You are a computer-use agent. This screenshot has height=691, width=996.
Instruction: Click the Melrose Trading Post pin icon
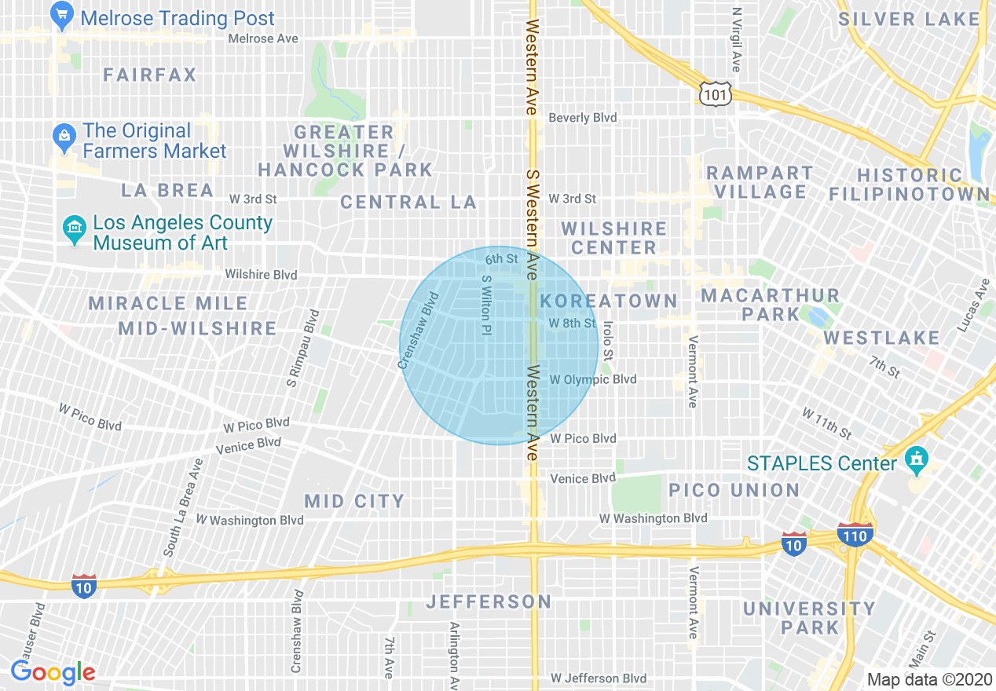tap(61, 15)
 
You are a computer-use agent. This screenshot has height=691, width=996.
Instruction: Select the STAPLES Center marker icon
tap(915, 460)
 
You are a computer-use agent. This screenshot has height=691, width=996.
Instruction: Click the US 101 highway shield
tap(715, 94)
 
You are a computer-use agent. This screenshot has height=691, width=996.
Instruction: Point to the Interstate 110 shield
tap(855, 536)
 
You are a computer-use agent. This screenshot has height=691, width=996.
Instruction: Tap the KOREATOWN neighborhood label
tap(609, 301)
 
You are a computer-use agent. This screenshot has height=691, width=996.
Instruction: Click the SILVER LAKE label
tap(909, 20)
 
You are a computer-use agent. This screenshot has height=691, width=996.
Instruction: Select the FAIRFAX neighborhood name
tap(150, 75)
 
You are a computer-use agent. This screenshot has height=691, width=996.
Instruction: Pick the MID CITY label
tap(354, 501)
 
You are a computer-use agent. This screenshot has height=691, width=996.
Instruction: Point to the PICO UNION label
tap(734, 491)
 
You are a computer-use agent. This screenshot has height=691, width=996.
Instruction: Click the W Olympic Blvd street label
tap(593, 380)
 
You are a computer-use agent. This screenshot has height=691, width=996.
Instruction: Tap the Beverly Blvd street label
tap(582, 118)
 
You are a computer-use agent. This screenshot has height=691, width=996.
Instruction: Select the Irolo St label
tap(607, 339)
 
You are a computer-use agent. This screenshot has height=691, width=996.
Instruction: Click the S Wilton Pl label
tap(486, 305)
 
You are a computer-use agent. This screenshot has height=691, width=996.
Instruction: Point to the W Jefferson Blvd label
tap(599, 678)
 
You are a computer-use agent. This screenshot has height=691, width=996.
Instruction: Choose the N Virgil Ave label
tap(736, 39)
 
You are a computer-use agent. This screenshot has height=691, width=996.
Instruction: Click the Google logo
tap(53, 672)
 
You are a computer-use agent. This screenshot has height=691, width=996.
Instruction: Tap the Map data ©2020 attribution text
tap(928, 679)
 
